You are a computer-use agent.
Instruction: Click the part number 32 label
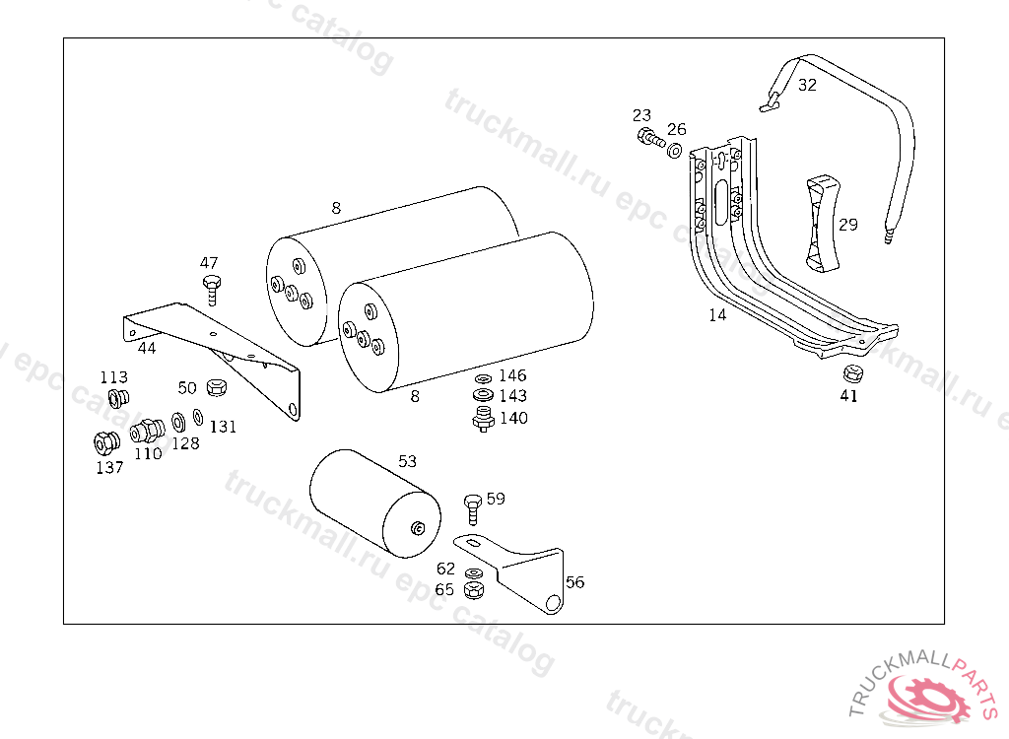point(807,85)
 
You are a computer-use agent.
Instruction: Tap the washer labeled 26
point(675,151)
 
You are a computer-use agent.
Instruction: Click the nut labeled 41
point(852,373)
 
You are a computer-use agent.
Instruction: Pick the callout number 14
point(717,315)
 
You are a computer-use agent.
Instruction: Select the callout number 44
point(146,348)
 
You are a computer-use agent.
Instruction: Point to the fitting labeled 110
point(146,432)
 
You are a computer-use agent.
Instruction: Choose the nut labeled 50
point(219,386)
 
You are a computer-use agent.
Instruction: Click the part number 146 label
point(512,375)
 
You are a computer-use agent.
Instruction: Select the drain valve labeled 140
point(483,421)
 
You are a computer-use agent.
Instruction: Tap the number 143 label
point(512,396)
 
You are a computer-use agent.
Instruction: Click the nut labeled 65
point(472,589)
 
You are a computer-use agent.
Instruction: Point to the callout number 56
point(574,582)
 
